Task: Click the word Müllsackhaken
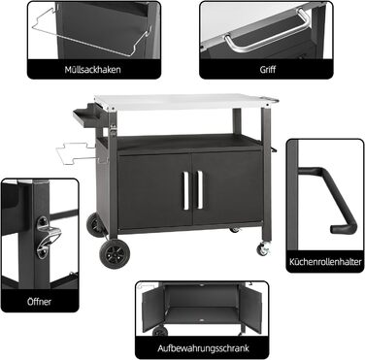pyautogui.click(x=92, y=70)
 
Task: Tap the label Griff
pyautogui.click(x=268, y=69)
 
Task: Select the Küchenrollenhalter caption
pyautogui.click(x=325, y=261)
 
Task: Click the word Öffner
pyautogui.click(x=39, y=302)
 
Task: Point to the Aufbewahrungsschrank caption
pyautogui.click(x=203, y=348)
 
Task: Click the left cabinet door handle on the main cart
pyautogui.click(x=186, y=190)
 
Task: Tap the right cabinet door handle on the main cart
pyautogui.click(x=200, y=190)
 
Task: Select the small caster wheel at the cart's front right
pyautogui.click(x=262, y=249)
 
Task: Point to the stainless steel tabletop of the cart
pyautogui.click(x=185, y=102)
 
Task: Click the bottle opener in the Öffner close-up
pyautogui.click(x=47, y=238)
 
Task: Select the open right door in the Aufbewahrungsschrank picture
pyautogui.click(x=249, y=310)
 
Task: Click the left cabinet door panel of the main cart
pyautogui.click(x=154, y=191)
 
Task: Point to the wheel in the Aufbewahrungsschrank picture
pyautogui.click(x=160, y=331)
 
